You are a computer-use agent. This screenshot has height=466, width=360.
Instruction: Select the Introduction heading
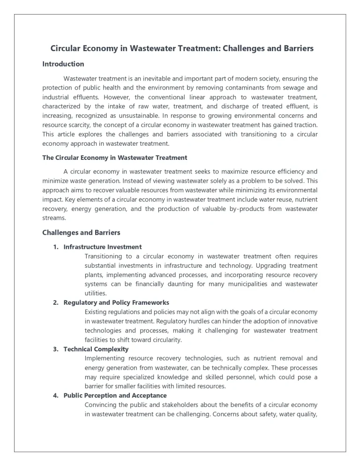point(63,64)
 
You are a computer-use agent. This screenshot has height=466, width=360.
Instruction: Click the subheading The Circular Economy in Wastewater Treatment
point(114,158)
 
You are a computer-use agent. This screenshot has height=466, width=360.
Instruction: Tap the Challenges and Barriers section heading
point(81,233)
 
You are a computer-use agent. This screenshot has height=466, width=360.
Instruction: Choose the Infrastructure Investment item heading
point(103,247)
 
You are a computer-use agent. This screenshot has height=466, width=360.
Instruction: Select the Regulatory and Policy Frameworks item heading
point(116,302)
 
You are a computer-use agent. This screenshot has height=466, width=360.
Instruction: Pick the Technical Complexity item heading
point(96,349)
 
